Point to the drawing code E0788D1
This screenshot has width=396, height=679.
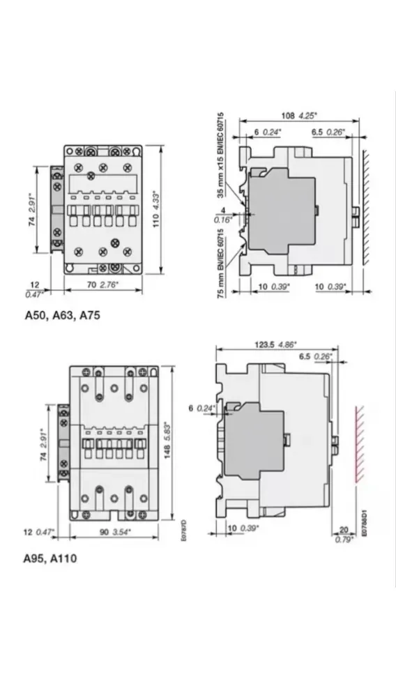coord(363,521)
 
